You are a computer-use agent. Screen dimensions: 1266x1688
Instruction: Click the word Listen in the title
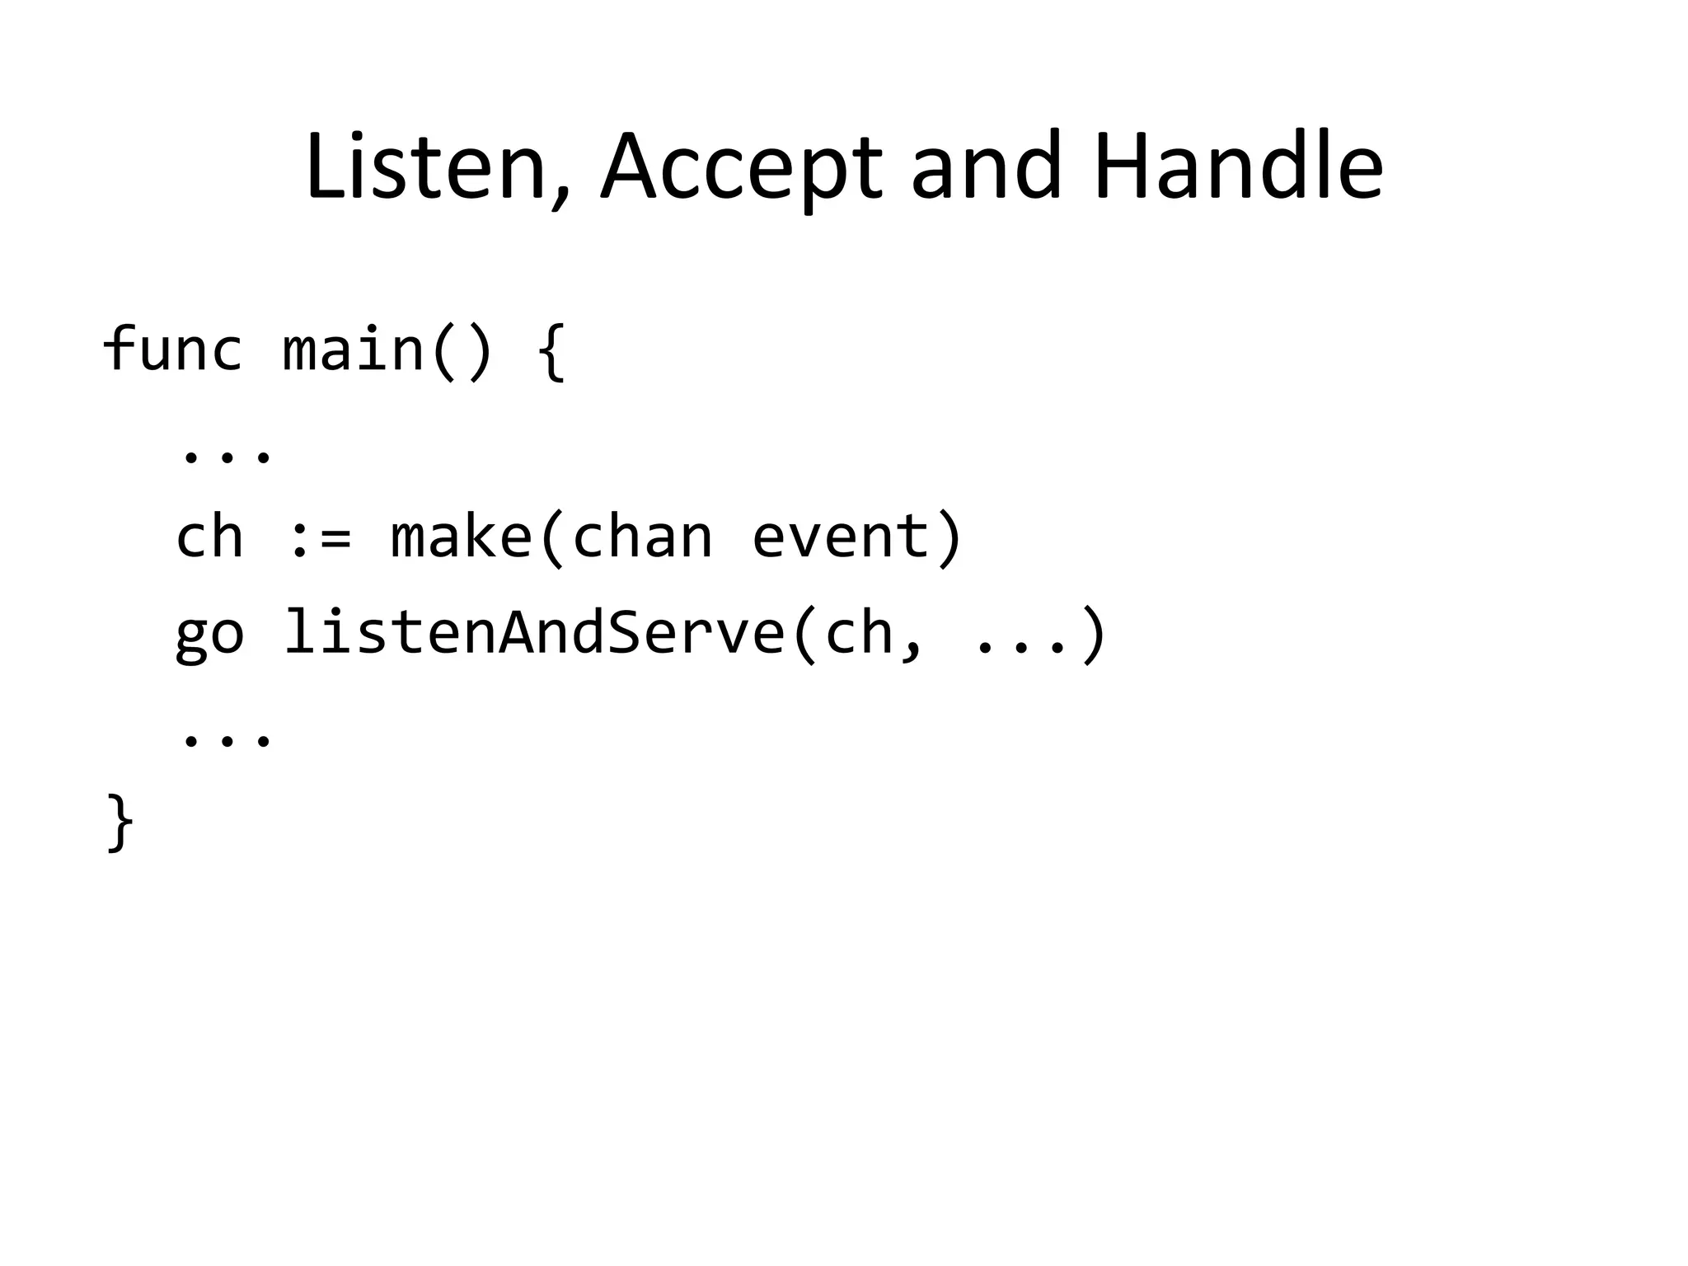(425, 167)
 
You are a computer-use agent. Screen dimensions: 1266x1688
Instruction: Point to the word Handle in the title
(1238, 167)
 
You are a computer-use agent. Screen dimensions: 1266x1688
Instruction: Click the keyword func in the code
(172, 349)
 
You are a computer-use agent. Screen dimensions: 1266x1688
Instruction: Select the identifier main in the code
(354, 349)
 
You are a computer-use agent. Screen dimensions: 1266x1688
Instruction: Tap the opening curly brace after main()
(551, 351)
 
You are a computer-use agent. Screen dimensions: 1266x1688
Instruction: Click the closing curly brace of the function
(120, 822)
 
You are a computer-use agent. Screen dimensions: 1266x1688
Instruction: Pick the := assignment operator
(320, 537)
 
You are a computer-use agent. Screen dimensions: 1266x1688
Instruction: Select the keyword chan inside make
(641, 537)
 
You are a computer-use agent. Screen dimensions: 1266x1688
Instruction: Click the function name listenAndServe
(534, 633)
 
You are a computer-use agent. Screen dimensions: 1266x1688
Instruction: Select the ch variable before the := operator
(210, 537)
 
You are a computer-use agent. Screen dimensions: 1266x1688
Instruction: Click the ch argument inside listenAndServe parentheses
(859, 633)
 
